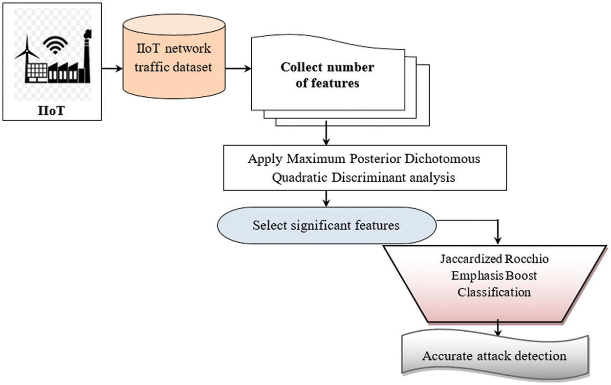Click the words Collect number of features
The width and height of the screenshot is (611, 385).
tap(327, 75)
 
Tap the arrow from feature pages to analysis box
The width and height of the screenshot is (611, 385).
tap(326, 134)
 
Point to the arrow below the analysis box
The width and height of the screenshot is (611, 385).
tap(326, 198)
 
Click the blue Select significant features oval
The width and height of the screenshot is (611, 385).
tap(326, 225)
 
